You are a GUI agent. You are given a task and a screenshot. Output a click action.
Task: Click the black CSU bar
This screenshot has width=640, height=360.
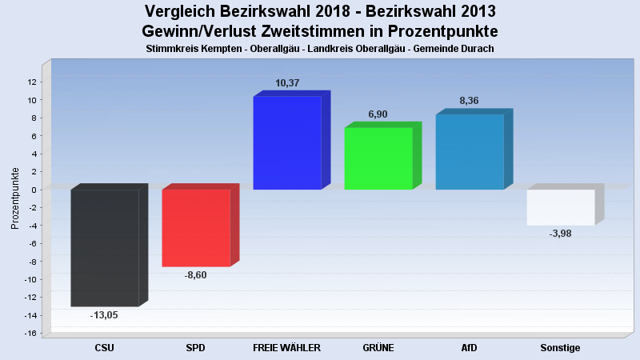coord(105,247)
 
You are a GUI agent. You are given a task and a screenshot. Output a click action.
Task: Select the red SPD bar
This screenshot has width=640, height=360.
coord(196,227)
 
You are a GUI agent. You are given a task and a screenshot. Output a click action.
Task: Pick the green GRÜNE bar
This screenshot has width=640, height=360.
coord(378,158)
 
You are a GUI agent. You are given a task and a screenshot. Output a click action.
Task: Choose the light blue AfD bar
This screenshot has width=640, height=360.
coord(470,151)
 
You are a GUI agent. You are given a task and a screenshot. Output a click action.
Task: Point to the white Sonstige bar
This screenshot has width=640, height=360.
coord(561,207)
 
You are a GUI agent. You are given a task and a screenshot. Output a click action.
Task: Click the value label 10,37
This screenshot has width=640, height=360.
coord(287,83)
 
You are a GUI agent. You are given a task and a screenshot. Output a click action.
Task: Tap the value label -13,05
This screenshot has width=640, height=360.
coord(105,315)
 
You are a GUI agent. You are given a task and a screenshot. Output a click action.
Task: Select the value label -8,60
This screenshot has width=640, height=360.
coord(196,275)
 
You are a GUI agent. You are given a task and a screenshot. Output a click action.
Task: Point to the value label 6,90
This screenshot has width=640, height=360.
coord(378,114)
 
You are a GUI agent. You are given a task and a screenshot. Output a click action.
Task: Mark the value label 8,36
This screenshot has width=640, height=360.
coord(470,101)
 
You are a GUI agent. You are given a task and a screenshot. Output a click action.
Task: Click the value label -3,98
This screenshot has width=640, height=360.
coord(561,234)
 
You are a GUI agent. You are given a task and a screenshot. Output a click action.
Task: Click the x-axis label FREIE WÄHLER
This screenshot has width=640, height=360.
coord(286,348)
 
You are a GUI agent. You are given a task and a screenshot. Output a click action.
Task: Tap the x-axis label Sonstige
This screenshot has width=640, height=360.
coord(560,348)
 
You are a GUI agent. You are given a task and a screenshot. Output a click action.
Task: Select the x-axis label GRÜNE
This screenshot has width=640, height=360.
coord(378,348)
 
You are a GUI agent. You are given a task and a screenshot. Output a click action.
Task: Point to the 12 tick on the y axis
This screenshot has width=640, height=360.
coord(32,82)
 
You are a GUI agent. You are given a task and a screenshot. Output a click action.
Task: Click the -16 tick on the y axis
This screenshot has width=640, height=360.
coord(30,333)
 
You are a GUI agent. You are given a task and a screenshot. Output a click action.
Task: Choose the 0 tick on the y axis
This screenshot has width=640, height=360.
coord(34,190)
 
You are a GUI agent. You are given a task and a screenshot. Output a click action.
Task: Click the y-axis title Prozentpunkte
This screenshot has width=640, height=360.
coord(15,198)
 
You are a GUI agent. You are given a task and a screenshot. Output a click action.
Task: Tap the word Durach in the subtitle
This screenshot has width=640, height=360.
coord(477,49)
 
